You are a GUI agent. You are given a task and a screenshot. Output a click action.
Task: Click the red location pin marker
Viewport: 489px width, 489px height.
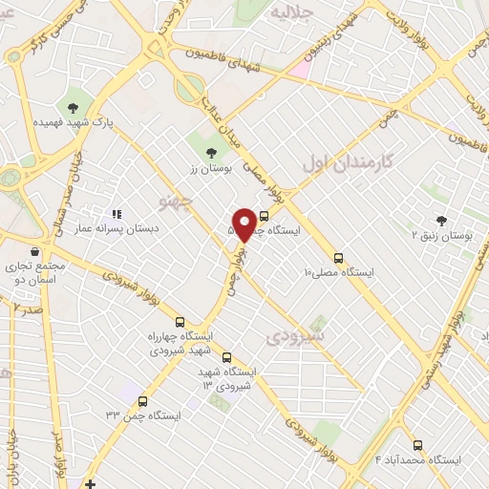pos(244,224)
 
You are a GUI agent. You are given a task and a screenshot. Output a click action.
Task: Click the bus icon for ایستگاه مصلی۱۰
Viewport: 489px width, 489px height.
pos(338,258)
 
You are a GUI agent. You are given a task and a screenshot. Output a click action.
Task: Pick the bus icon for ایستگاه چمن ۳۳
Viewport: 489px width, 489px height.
pos(143,402)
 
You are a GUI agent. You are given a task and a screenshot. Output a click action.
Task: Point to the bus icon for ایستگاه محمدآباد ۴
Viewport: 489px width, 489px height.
pos(418,445)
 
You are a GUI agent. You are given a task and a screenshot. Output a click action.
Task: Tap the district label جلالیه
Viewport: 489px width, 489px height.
pos(292,12)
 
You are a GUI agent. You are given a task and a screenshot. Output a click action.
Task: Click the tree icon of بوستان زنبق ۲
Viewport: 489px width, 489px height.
pos(441,220)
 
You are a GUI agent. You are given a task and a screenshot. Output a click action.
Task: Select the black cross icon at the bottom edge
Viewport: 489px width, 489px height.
pos(90,483)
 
